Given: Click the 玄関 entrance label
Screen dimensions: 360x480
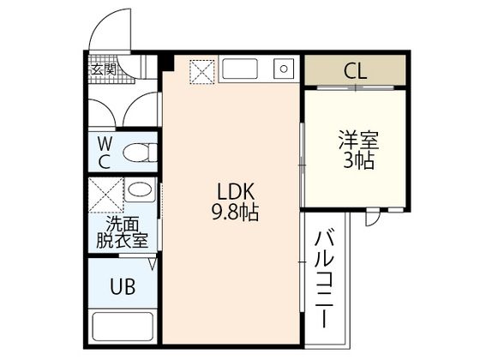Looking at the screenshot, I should (105, 69).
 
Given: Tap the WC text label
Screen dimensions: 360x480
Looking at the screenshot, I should (104, 152).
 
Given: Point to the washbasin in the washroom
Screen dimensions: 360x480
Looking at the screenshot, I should (141, 189).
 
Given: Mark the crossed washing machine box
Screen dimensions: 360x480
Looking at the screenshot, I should (105, 195).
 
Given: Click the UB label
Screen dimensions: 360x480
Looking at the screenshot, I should (122, 286).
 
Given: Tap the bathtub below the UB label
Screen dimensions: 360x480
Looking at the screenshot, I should (122, 328).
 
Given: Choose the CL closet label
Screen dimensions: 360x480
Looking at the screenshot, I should (355, 71).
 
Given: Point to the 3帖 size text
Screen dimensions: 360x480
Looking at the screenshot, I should (358, 160).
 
